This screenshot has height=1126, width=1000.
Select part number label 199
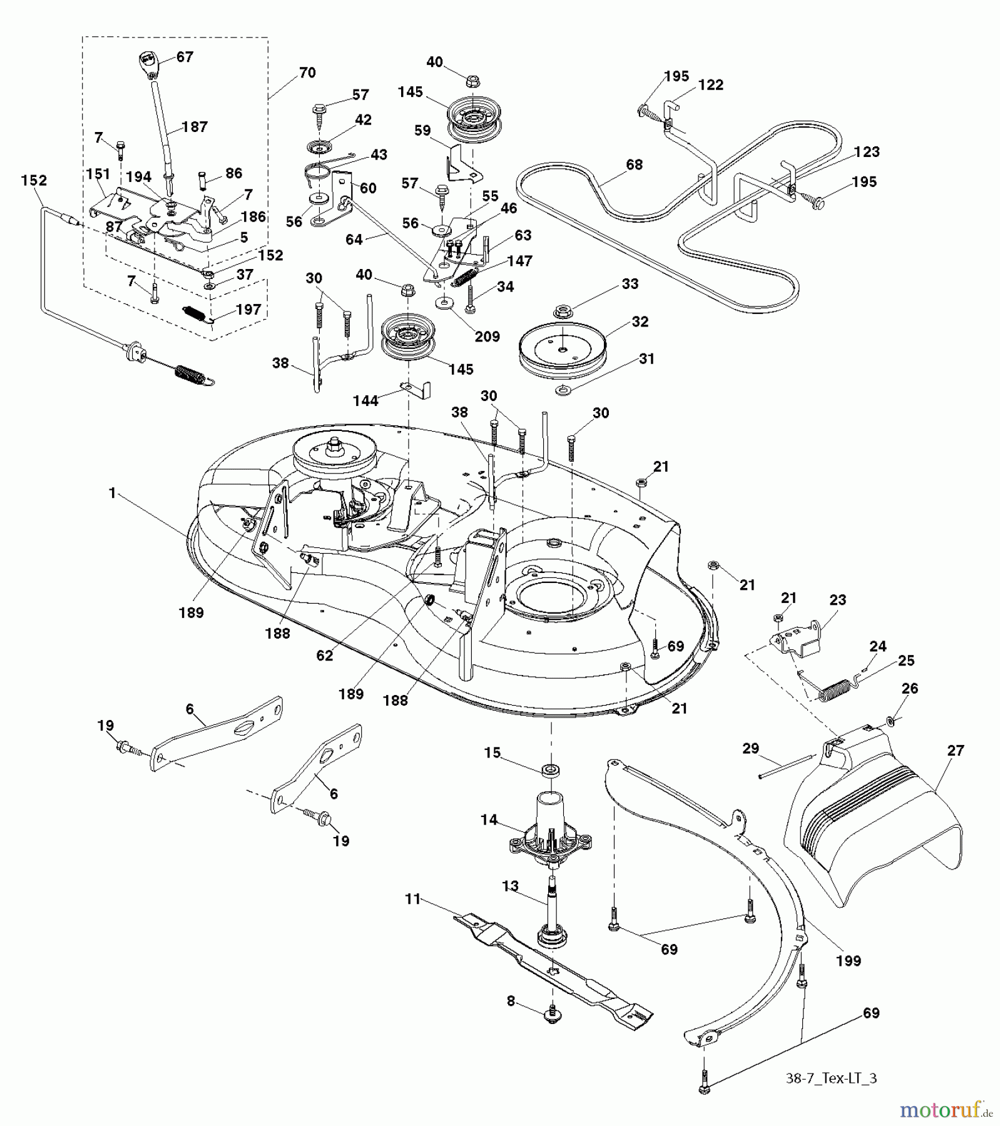coord(848,961)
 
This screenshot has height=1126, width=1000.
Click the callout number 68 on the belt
coord(634,165)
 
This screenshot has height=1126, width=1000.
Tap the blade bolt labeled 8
coord(553,1016)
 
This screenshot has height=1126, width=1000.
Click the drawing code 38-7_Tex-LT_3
coord(831,1078)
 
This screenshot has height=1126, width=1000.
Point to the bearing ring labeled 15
coord(551,769)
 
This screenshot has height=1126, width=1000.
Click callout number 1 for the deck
coord(112,494)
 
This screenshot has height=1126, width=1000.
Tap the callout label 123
coord(866,152)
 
